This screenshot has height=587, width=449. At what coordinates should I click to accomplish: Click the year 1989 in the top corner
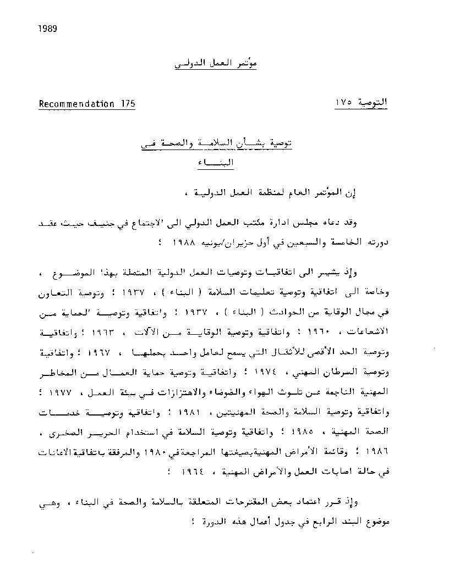[x=48, y=29]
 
